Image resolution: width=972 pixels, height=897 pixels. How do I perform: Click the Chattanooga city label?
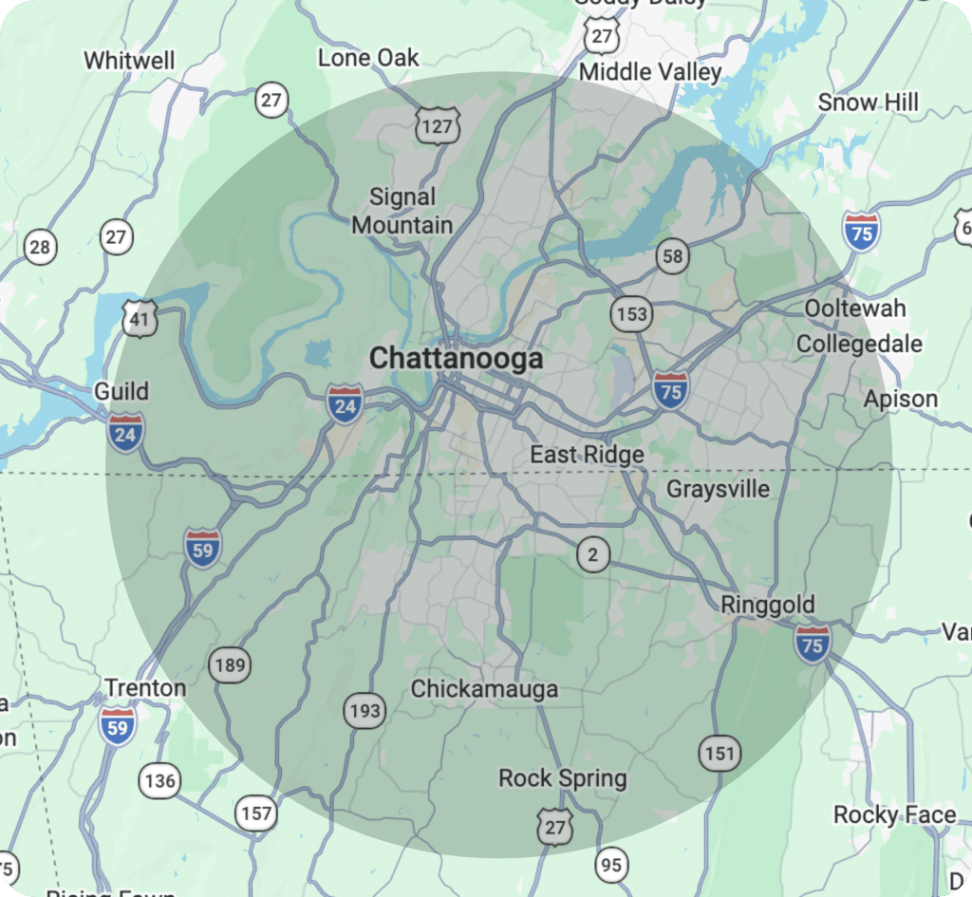tap(456, 359)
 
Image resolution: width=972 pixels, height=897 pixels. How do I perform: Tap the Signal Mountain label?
tap(402, 212)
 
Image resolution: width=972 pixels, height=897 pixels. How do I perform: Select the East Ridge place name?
tap(587, 455)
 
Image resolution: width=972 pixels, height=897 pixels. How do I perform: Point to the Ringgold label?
tap(767, 605)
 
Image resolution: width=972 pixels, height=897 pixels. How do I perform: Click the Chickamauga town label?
tap(484, 689)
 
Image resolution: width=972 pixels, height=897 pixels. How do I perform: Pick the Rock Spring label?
tap(563, 779)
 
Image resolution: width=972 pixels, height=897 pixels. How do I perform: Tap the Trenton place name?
tap(145, 687)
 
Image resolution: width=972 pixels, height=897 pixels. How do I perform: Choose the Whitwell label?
tap(129, 61)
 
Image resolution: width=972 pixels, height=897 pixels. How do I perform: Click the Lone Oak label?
tap(368, 58)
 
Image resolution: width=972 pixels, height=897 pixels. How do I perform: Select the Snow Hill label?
tap(869, 103)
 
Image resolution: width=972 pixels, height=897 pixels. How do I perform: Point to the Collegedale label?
tap(859, 344)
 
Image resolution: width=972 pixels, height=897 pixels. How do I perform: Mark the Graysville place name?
tap(719, 490)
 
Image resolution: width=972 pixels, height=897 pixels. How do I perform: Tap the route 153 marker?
tap(631, 314)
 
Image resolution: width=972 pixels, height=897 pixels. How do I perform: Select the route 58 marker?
tap(672, 256)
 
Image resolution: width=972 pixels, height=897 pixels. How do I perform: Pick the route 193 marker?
tap(364, 710)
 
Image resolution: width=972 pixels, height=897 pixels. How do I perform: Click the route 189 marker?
tap(231, 664)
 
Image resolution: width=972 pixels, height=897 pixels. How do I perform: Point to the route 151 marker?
tap(720, 754)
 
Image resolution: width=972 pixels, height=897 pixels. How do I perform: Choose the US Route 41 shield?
tap(140, 320)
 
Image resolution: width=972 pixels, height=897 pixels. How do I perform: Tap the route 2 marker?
tap(593, 555)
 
